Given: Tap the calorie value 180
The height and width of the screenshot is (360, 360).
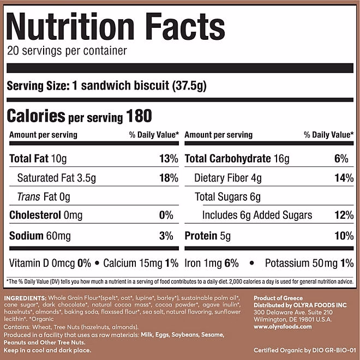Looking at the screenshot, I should pyautogui.click(x=139, y=116).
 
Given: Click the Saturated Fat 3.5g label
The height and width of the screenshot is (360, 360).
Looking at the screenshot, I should pyautogui.click(x=57, y=178).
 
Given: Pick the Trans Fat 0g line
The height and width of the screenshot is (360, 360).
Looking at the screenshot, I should pyautogui.click(x=44, y=196).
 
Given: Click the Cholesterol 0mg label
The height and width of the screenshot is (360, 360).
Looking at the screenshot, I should pyautogui.click(x=46, y=215).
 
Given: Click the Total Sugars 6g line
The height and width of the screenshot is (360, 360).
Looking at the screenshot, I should pyautogui.click(x=228, y=196).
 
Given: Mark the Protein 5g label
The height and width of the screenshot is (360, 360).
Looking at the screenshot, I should pyautogui.click(x=207, y=236).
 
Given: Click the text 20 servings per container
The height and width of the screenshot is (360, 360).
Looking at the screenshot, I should pyautogui.click(x=67, y=51).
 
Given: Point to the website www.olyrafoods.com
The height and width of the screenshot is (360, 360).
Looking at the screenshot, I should pyautogui.click(x=283, y=327).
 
